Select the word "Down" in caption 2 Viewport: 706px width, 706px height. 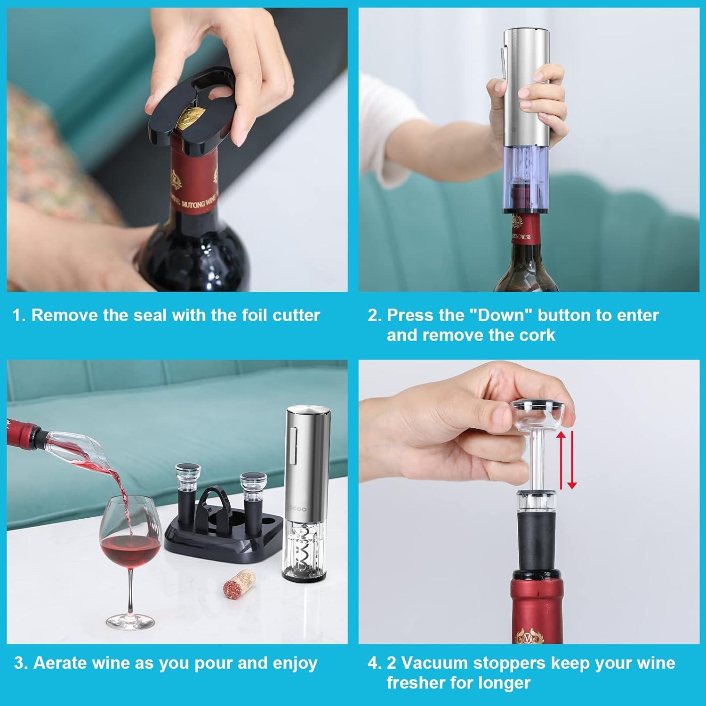click(500, 315)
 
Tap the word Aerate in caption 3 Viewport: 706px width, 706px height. click(60, 663)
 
